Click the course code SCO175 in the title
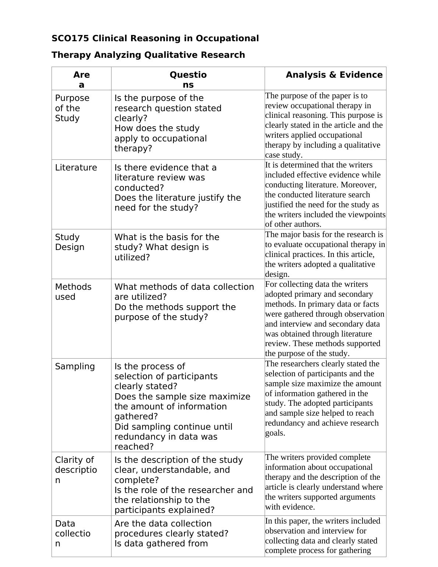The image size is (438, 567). (x=70, y=38)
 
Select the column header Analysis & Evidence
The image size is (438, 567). (x=334, y=75)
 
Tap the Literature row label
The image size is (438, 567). (x=76, y=168)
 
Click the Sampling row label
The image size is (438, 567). (x=75, y=366)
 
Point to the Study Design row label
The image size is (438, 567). (x=70, y=242)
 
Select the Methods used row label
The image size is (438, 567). (x=73, y=292)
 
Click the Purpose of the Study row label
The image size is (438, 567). (x=72, y=108)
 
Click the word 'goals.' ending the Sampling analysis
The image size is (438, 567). (x=275, y=433)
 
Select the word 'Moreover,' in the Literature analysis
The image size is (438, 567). (x=360, y=185)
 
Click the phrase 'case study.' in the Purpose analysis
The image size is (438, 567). (x=283, y=155)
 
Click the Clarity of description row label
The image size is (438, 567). (x=76, y=470)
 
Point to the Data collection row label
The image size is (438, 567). (x=73, y=533)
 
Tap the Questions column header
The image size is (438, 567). (x=188, y=80)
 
